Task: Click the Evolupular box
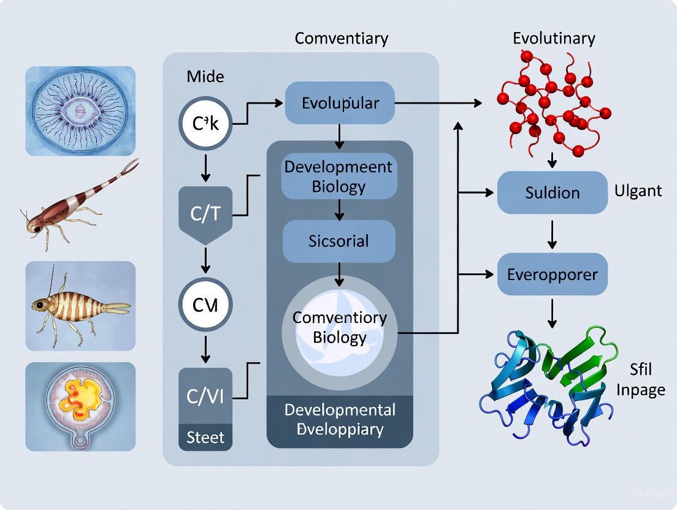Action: [340, 102]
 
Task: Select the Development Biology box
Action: [339, 177]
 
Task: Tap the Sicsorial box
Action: [339, 241]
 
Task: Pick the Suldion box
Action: [552, 192]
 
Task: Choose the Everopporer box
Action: [552, 274]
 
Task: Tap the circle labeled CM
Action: [205, 305]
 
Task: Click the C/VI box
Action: [205, 395]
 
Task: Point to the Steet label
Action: [205, 438]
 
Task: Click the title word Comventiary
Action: [341, 38]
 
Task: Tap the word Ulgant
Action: [638, 191]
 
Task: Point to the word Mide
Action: [205, 77]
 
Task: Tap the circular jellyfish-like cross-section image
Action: [80, 111]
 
